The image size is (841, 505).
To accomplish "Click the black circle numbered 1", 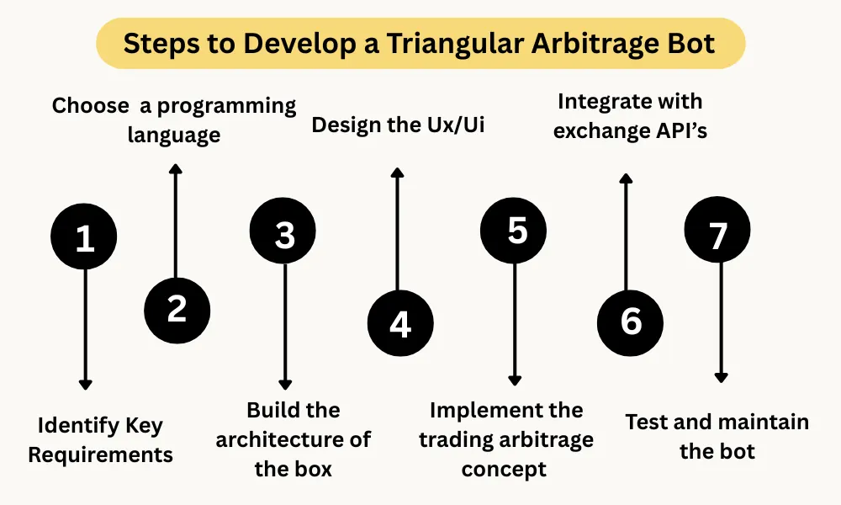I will click(x=84, y=238).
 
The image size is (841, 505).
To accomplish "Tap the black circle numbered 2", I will click(x=177, y=309).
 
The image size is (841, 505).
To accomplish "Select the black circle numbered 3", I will click(x=284, y=235).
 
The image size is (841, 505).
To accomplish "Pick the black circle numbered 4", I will click(x=399, y=324).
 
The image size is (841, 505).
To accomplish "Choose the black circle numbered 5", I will click(x=514, y=230).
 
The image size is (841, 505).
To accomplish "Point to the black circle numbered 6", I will click(x=630, y=322).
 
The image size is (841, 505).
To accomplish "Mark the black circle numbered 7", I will click(x=717, y=235).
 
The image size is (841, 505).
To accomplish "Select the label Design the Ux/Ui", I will click(x=399, y=125).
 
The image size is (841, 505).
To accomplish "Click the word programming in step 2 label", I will click(x=227, y=106).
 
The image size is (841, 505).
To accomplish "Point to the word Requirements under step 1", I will click(x=101, y=455).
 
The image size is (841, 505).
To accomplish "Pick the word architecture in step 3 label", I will click(x=294, y=439).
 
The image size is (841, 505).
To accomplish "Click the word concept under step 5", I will click(x=505, y=469).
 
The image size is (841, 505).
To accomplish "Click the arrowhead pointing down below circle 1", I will click(x=84, y=384).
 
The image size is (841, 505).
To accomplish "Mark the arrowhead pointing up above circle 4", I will click(x=399, y=173).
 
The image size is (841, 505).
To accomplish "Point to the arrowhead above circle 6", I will click(x=625, y=178).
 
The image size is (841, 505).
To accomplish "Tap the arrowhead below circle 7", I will click(x=720, y=377).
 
